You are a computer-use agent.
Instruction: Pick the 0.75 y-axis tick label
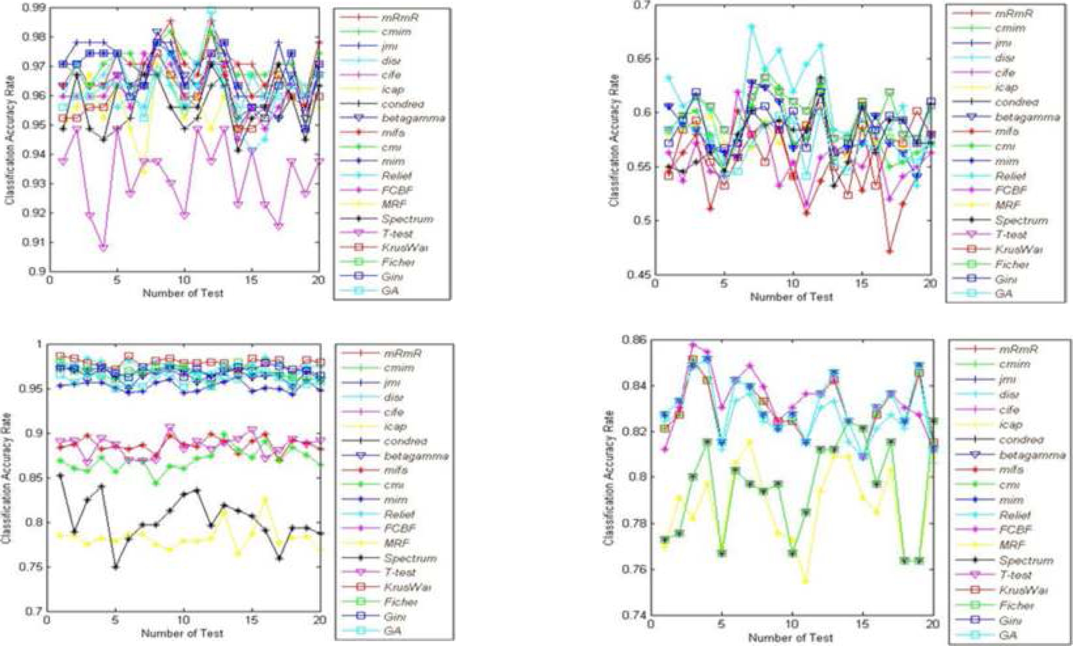click(31, 567)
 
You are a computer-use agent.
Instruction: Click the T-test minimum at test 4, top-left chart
click(103, 248)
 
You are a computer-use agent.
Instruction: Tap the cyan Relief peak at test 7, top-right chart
click(752, 27)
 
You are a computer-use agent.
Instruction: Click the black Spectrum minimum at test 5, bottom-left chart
click(116, 567)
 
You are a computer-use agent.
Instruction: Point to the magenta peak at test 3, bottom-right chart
click(693, 345)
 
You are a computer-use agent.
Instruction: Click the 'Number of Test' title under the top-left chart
click(183, 293)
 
